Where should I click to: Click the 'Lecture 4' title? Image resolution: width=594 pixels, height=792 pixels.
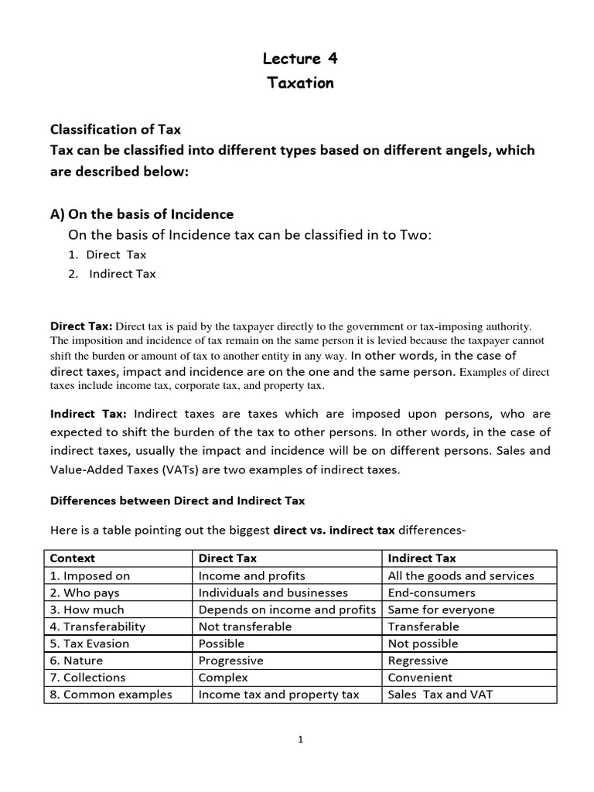pos(300,59)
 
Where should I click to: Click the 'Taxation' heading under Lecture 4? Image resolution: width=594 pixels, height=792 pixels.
pos(300,83)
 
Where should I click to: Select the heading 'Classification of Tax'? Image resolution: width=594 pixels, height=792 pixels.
pos(116,128)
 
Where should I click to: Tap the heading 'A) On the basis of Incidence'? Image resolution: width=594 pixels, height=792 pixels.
pos(142,213)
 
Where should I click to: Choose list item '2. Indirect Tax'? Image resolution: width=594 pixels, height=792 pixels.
pos(111,273)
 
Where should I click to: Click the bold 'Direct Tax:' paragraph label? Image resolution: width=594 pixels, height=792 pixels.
pos(81,326)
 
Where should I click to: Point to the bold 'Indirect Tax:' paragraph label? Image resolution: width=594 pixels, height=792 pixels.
pos(88,414)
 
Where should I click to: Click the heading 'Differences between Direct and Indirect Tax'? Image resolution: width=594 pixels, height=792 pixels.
pos(178,500)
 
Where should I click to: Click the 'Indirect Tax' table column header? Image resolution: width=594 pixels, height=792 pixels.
pos(422,558)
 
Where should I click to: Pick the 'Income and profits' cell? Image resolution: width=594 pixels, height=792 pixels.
pos(251,575)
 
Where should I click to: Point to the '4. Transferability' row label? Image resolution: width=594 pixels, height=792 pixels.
pos(97,626)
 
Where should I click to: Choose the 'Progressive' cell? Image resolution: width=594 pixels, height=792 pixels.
pos(230,661)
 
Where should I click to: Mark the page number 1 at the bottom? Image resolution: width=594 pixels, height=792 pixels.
pos(301,739)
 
